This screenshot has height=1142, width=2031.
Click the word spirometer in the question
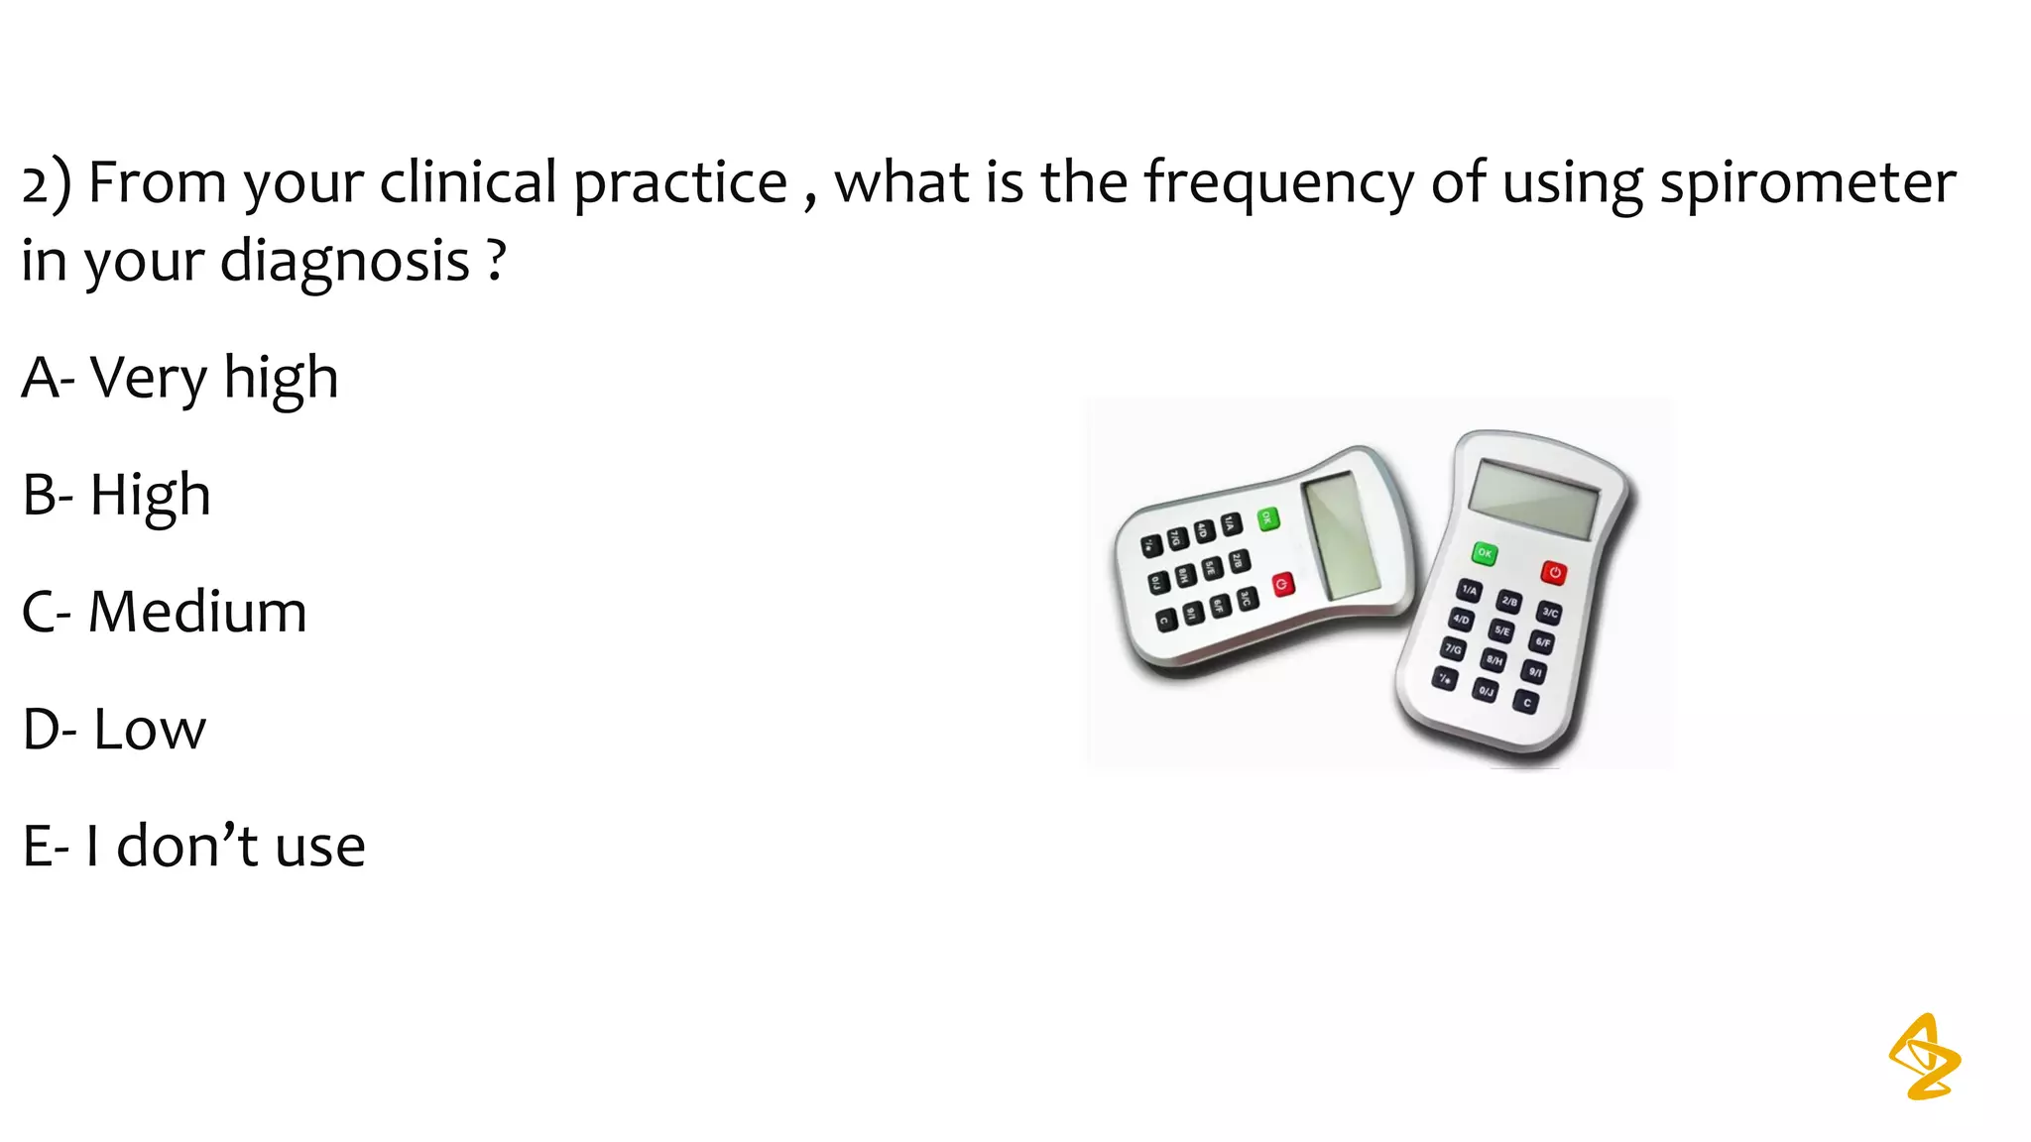tap(1807, 184)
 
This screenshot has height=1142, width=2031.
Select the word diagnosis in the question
tap(344, 263)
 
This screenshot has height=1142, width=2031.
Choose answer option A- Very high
tap(179, 378)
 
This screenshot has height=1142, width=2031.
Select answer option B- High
tap(116, 495)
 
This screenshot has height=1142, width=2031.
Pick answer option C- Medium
tap(164, 612)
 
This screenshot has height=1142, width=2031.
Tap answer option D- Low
tap(114, 730)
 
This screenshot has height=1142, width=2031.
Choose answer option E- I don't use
tap(193, 847)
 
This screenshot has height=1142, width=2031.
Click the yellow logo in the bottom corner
tap(1924, 1057)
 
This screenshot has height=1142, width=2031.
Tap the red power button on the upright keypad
tap(1553, 573)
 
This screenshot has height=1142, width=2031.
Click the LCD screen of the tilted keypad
tap(1341, 535)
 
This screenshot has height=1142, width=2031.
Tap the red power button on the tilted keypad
tap(1283, 585)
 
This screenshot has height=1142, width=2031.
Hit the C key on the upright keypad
tap(1526, 703)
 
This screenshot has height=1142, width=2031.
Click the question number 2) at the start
tap(46, 184)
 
